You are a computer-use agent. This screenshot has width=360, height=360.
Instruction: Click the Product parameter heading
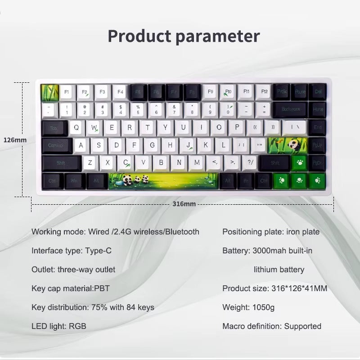(x=184, y=36)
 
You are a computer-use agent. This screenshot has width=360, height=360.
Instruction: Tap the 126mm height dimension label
(x=15, y=140)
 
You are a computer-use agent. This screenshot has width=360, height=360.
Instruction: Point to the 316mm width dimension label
(x=184, y=204)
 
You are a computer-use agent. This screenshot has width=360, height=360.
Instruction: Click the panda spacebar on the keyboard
(x=163, y=181)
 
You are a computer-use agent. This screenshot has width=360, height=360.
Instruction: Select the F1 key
(x=67, y=92)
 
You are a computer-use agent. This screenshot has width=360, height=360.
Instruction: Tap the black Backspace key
(x=291, y=109)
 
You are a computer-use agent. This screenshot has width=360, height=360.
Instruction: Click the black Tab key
(x=54, y=128)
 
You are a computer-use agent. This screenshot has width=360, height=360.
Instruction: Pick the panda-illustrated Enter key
(x=288, y=145)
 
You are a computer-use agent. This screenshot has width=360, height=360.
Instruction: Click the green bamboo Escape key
(x=49, y=92)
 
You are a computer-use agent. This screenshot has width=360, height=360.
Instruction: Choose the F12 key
(x=264, y=92)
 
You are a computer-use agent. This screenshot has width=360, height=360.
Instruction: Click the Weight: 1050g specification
(x=248, y=307)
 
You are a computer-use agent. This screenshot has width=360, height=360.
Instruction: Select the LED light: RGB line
(x=58, y=326)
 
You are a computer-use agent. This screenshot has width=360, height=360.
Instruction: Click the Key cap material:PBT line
(x=70, y=288)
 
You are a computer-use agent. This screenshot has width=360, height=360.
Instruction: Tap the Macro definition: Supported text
(x=272, y=326)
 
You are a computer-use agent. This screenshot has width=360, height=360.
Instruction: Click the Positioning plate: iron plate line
(x=271, y=232)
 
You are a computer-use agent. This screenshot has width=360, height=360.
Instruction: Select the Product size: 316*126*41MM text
(x=274, y=288)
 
